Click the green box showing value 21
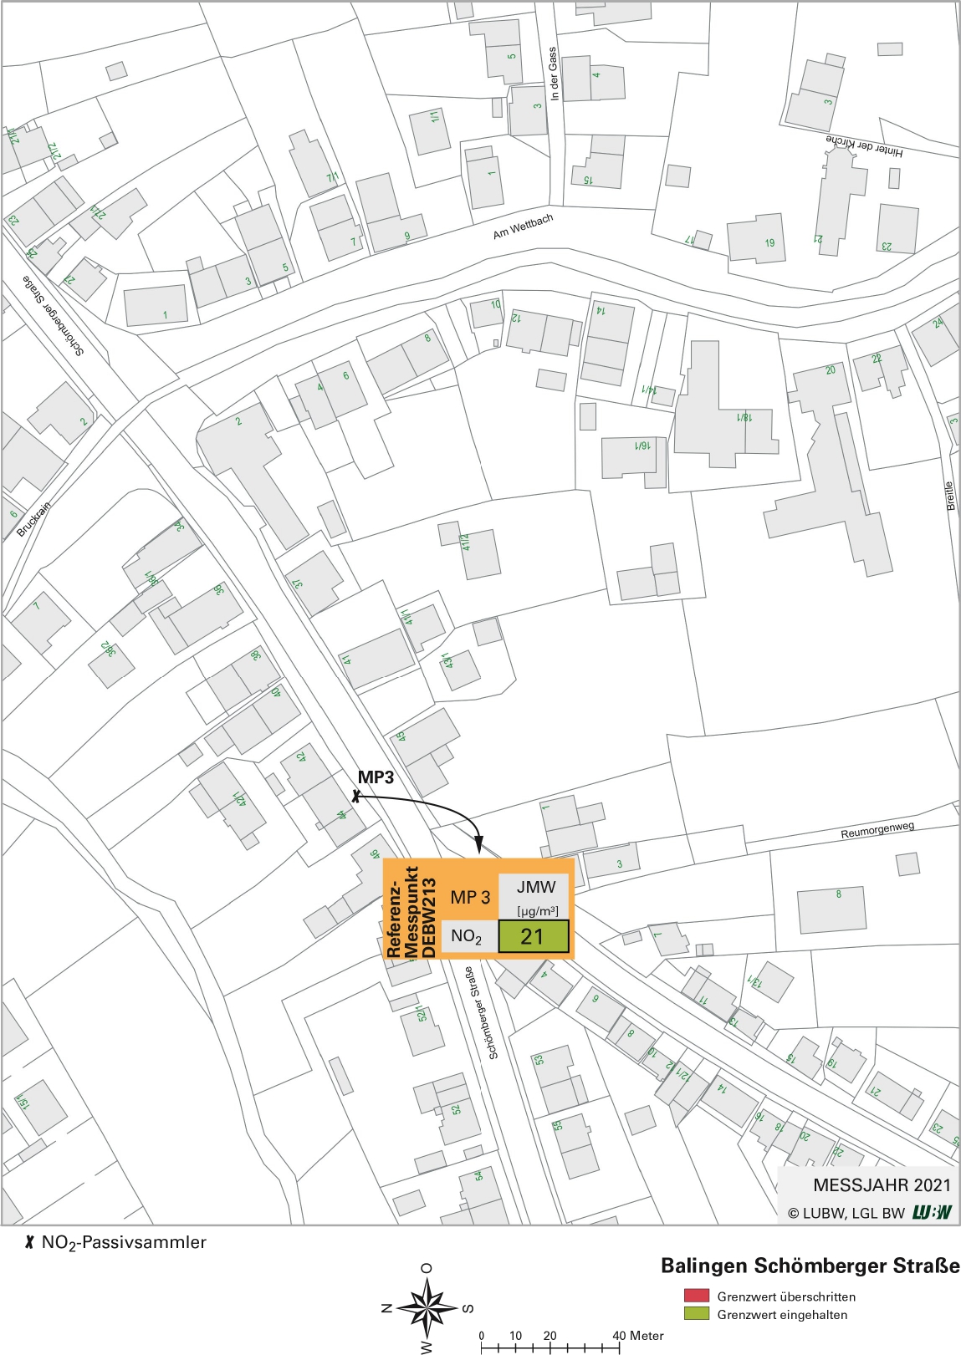[534, 936]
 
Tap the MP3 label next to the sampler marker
[376, 777]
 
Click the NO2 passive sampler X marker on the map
[356, 797]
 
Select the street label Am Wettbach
[523, 227]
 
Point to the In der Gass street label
[553, 74]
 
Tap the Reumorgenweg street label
[877, 830]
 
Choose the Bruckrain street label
[33, 518]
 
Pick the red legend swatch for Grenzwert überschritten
[696, 1296]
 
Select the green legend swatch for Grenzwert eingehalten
[696, 1314]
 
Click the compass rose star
[427, 1308]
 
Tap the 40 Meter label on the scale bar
[637, 1335]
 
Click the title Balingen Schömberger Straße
[810, 1266]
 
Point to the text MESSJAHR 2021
[882, 1184]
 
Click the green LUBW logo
[932, 1212]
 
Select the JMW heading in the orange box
[535, 888]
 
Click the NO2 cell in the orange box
[467, 936]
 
